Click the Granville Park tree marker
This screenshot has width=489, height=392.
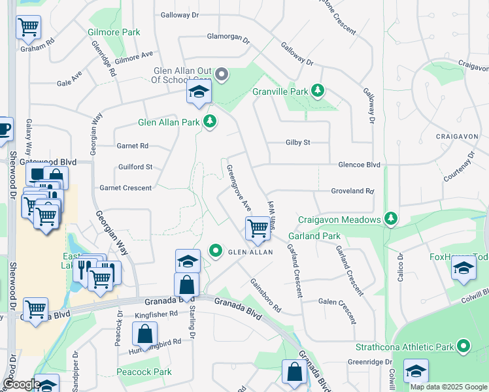(x=318, y=91)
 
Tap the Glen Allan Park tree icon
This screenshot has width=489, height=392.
(x=210, y=122)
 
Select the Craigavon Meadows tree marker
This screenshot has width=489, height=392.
(x=391, y=219)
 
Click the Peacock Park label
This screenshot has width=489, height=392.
(x=144, y=372)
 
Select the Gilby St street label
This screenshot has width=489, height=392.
(x=297, y=142)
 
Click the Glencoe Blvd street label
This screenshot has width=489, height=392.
(x=359, y=165)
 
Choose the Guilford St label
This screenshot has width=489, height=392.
(x=135, y=167)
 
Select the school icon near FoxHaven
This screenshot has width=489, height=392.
(x=464, y=269)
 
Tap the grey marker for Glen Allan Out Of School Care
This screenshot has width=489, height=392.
(x=222, y=74)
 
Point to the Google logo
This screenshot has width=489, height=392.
(x=21, y=385)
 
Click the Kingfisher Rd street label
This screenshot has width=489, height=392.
(x=156, y=314)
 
